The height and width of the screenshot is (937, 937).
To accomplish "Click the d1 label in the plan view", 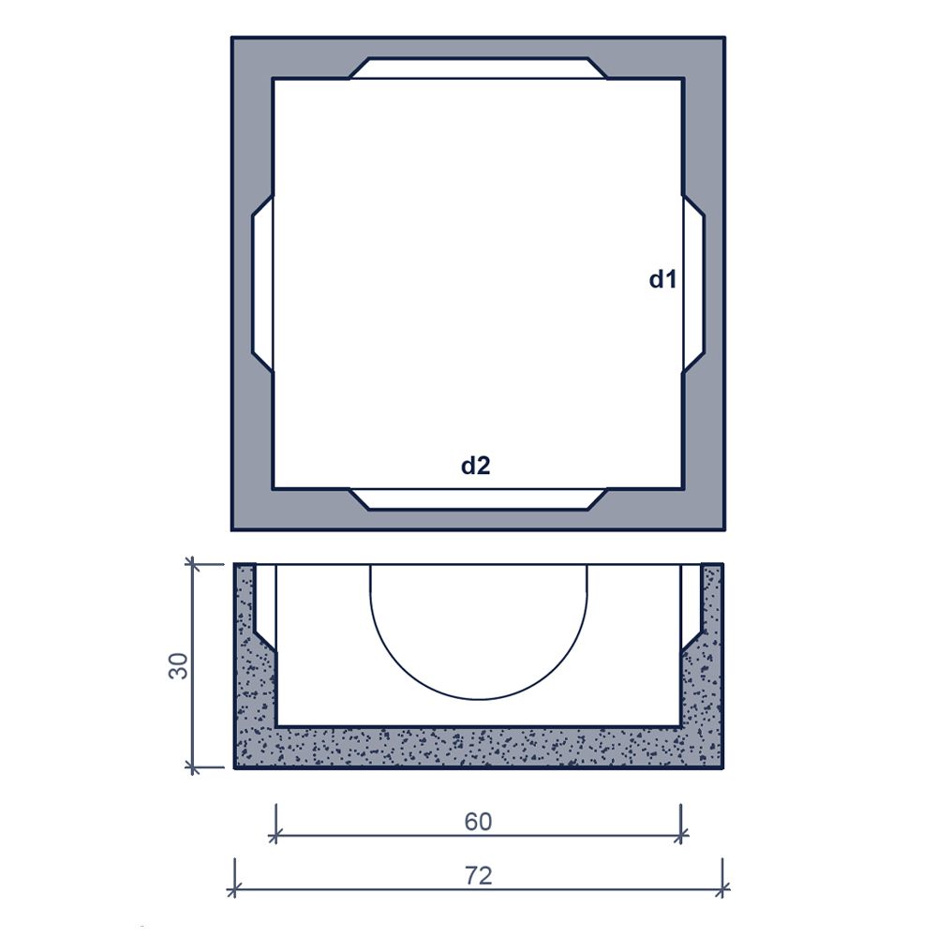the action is [662, 279].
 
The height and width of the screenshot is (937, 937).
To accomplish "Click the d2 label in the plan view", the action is [476, 465].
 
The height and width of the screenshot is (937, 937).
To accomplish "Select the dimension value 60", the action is [478, 822].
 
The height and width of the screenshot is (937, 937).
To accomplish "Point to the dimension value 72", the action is [478, 875].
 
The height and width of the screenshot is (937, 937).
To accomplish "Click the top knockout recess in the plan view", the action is [478, 68].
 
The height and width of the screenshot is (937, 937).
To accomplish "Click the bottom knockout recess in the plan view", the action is [478, 499].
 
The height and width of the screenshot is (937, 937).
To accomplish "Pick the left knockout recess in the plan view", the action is [263, 284].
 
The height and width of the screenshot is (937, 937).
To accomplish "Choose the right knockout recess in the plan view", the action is [693, 284].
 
